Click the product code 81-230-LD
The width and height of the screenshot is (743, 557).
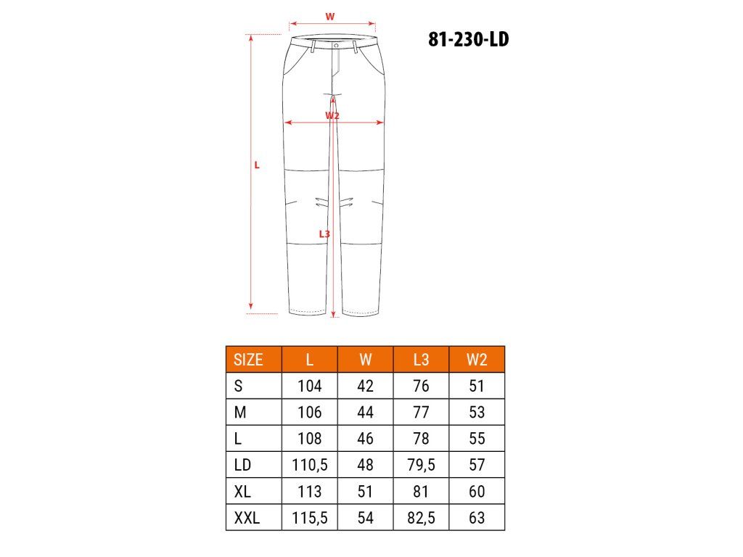click(x=468, y=39)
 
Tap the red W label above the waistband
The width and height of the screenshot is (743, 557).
click(x=330, y=17)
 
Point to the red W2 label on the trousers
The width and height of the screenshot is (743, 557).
click(x=332, y=115)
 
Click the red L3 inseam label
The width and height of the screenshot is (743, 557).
click(x=324, y=234)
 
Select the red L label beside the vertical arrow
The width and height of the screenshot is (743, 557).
click(x=257, y=165)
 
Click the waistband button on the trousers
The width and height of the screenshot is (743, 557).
click(x=336, y=46)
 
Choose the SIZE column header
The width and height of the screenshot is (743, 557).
click(x=248, y=360)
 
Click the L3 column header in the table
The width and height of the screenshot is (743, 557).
click(x=421, y=360)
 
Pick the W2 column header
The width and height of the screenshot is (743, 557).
click(x=477, y=360)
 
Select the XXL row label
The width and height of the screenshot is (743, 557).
click(x=247, y=518)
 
